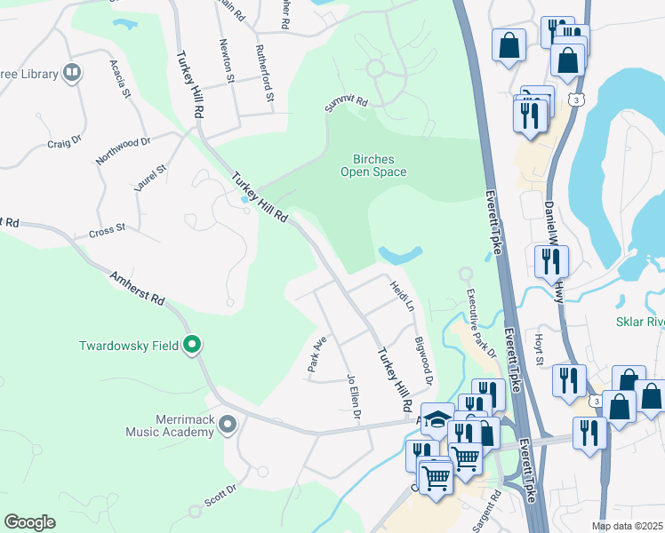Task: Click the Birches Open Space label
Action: point(373,166)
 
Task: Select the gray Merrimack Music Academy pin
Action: point(228,425)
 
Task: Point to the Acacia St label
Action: point(120,79)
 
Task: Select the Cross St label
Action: point(107,232)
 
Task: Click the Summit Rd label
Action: point(346,104)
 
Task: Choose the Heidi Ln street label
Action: point(402,294)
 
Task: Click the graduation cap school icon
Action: point(437,418)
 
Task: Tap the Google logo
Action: point(29,521)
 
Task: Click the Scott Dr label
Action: point(220,495)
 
